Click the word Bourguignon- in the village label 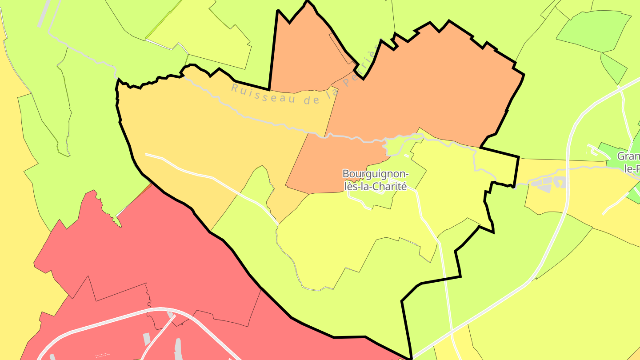click(376, 174)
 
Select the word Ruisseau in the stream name click(263, 93)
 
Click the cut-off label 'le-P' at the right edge click(632, 169)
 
